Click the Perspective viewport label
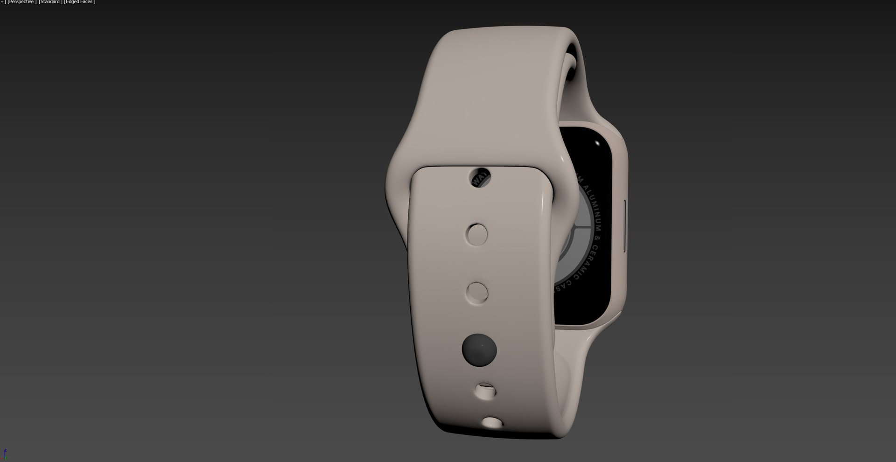(21, 2)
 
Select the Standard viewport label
(49, 2)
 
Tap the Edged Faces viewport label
(79, 2)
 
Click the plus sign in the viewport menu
(2, 2)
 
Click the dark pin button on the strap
(479, 350)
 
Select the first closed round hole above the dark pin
(477, 293)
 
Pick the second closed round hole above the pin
(476, 234)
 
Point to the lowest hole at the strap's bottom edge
(491, 423)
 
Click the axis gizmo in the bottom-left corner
(4, 454)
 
